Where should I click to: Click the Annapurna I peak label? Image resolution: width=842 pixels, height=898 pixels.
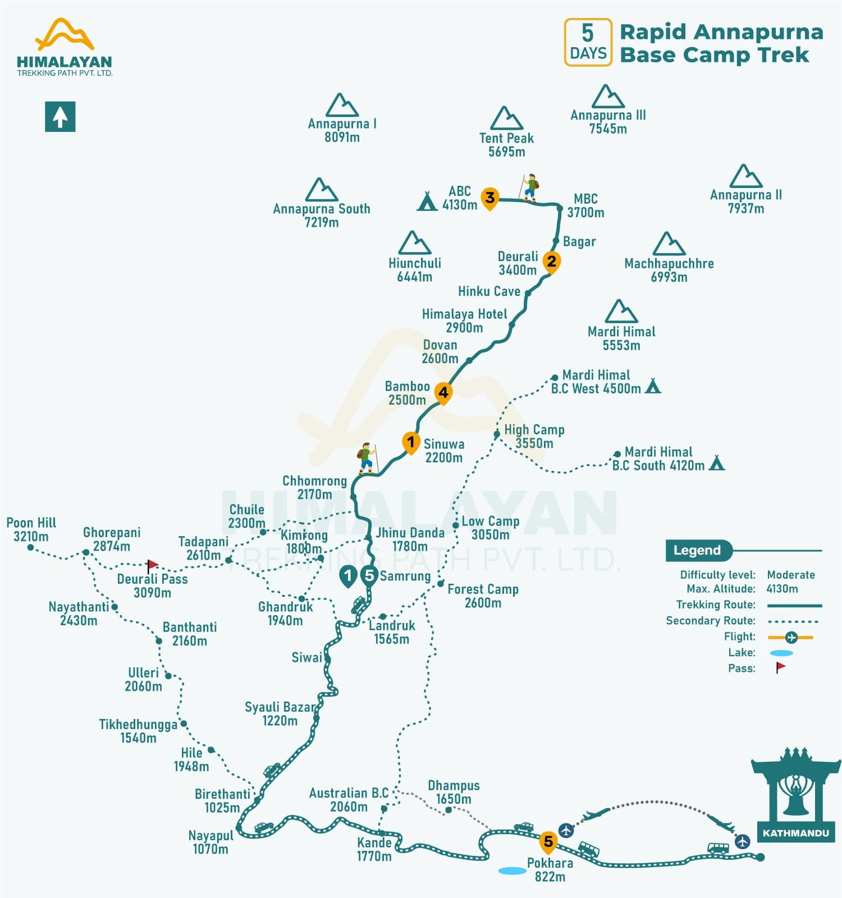(342, 130)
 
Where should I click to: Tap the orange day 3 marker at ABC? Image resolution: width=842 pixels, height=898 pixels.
(490, 198)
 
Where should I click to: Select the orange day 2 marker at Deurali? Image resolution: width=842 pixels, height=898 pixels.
(552, 262)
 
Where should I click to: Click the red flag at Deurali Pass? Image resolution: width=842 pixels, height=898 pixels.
(152, 565)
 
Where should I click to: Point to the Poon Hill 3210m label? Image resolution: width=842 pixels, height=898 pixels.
(31, 529)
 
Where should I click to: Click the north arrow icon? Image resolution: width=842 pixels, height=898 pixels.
(60, 117)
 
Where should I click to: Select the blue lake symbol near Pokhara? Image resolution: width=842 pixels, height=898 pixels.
(512, 870)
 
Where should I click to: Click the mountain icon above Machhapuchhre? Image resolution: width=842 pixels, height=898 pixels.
(669, 244)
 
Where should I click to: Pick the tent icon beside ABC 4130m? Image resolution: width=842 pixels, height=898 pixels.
(427, 201)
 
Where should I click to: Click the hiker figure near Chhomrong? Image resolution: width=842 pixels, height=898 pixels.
(367, 458)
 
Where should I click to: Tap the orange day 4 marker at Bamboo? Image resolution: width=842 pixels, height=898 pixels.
(443, 393)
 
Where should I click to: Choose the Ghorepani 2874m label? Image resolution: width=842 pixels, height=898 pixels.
(112, 539)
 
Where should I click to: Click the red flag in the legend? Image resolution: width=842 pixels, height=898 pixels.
(780, 667)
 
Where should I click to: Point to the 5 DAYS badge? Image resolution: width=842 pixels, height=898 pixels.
(588, 43)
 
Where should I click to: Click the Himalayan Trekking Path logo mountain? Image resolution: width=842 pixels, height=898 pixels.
(65, 34)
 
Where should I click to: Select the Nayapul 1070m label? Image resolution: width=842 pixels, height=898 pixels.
(210, 842)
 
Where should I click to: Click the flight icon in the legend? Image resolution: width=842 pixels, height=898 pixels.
(791, 637)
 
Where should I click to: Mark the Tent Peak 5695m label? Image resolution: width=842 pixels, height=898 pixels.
(506, 145)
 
